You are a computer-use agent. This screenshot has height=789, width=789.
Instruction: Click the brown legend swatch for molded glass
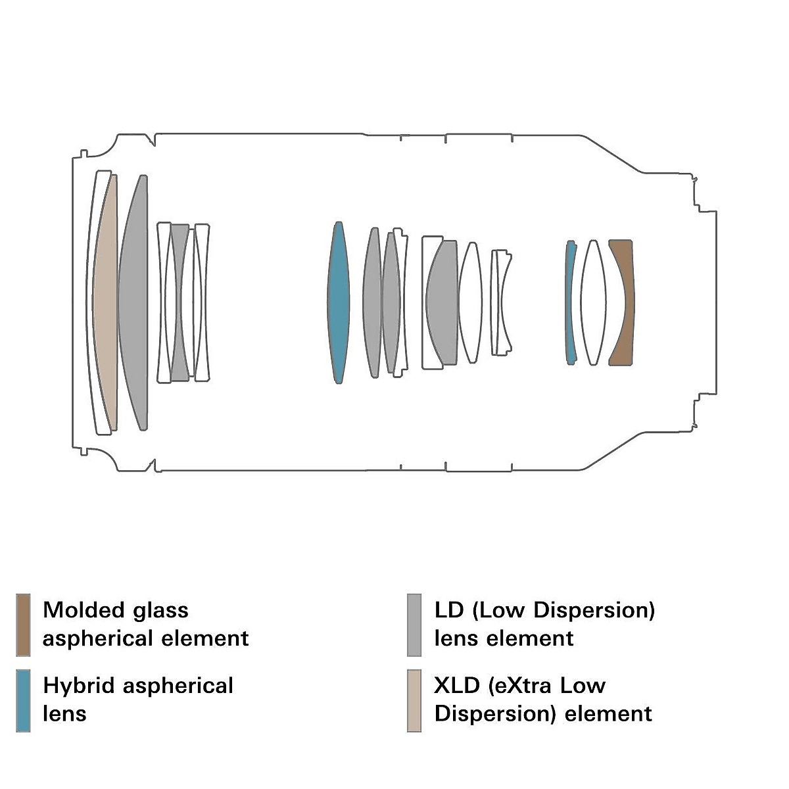point(23,625)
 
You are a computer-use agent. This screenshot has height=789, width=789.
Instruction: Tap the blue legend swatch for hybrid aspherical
point(23,700)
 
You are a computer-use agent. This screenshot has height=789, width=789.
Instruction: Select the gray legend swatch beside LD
point(414,625)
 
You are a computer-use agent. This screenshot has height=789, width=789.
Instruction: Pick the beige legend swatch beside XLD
point(414,700)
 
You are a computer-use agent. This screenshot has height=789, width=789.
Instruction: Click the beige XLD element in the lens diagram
point(105,302)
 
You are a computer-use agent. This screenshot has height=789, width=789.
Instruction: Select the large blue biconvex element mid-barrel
point(338,302)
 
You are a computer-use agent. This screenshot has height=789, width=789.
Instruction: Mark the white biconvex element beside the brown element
point(593,302)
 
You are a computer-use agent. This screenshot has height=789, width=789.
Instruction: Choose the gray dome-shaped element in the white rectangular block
point(442,302)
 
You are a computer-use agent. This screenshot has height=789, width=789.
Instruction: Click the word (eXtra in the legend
point(520,686)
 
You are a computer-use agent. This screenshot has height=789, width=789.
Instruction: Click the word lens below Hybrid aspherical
point(64,714)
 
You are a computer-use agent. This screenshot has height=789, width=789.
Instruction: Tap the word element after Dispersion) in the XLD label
point(609,714)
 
